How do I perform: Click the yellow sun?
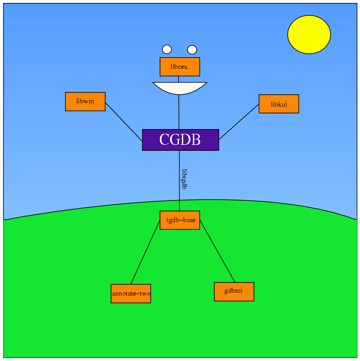309,34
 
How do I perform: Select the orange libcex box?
180,67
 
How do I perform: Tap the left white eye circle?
167,49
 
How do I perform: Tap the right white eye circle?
192,50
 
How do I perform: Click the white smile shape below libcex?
180,87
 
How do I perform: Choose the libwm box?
85,102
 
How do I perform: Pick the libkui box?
279,104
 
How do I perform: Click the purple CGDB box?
180,140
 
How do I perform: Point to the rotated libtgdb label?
184,179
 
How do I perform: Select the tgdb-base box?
180,220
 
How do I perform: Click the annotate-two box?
131,293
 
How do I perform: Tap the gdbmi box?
234,291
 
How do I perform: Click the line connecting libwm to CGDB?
124,121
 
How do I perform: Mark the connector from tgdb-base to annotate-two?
145,253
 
